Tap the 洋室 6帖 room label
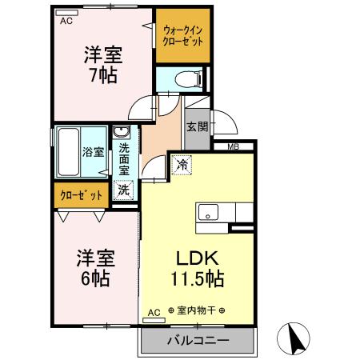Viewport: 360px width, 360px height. (x=95, y=269)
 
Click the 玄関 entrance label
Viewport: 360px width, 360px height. (x=197, y=126)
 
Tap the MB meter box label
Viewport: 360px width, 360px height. (x=233, y=146)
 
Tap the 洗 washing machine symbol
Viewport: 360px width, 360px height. (x=123, y=190)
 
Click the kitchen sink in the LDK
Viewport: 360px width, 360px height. (x=207, y=213)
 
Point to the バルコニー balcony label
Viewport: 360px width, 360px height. (x=197, y=340)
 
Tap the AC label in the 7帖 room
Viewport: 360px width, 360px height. (x=67, y=22)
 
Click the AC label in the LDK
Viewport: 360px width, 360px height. (x=154, y=311)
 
